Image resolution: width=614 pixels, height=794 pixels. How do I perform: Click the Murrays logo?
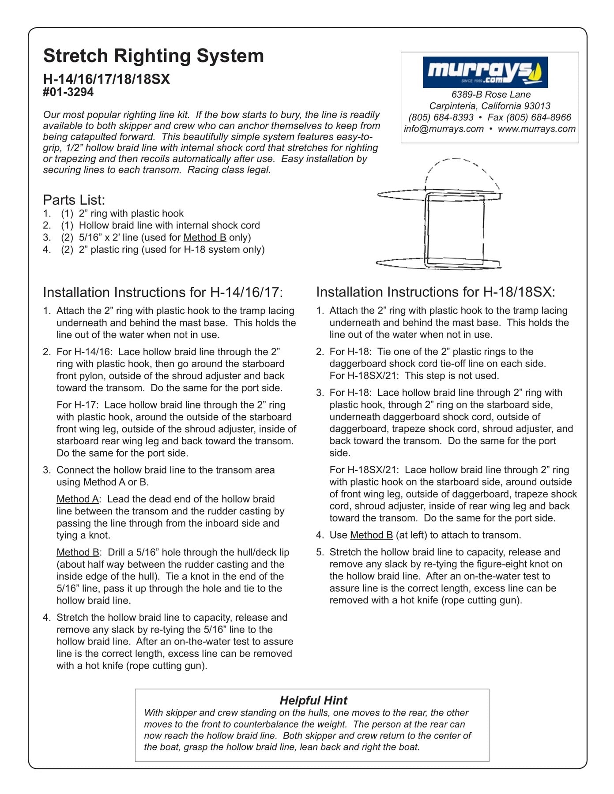click(x=485, y=72)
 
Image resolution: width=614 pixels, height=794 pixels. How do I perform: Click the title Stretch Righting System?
click(x=153, y=56)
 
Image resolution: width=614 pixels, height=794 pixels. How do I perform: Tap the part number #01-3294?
click(x=68, y=92)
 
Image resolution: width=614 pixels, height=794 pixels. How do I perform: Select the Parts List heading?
click(x=74, y=200)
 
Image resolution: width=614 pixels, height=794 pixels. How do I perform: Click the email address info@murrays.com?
click(x=444, y=129)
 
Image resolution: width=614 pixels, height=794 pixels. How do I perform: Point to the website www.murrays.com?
click(x=536, y=129)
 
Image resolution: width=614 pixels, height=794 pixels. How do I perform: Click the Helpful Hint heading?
click(x=313, y=700)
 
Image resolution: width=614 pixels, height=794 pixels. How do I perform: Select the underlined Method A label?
click(x=77, y=499)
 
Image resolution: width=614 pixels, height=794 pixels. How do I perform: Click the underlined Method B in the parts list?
click(x=205, y=237)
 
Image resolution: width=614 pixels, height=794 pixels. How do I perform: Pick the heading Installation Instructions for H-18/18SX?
click(x=435, y=292)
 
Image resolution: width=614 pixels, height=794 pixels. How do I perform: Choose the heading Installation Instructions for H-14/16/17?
click(x=162, y=292)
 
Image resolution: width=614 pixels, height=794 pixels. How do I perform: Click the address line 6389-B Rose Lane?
click(x=490, y=94)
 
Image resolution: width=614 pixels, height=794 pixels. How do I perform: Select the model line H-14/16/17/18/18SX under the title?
click(x=106, y=79)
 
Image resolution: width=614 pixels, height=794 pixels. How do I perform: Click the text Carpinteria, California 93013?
click(x=490, y=106)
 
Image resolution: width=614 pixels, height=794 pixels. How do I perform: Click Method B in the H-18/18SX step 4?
click(x=371, y=535)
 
